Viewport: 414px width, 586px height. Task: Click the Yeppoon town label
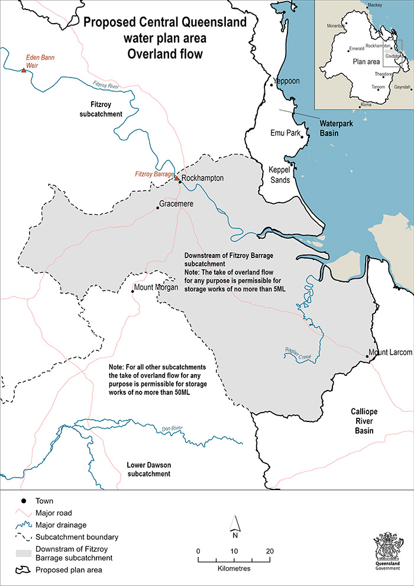click(287, 82)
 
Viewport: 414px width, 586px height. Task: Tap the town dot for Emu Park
click(302, 137)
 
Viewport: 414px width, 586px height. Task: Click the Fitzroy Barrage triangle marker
click(176, 177)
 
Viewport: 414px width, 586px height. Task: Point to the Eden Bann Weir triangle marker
click(23, 70)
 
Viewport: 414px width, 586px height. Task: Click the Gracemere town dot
click(158, 208)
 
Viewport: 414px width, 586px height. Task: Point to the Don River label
click(170, 429)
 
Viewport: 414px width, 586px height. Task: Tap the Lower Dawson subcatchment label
click(148, 469)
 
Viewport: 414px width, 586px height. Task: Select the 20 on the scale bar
click(270, 551)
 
